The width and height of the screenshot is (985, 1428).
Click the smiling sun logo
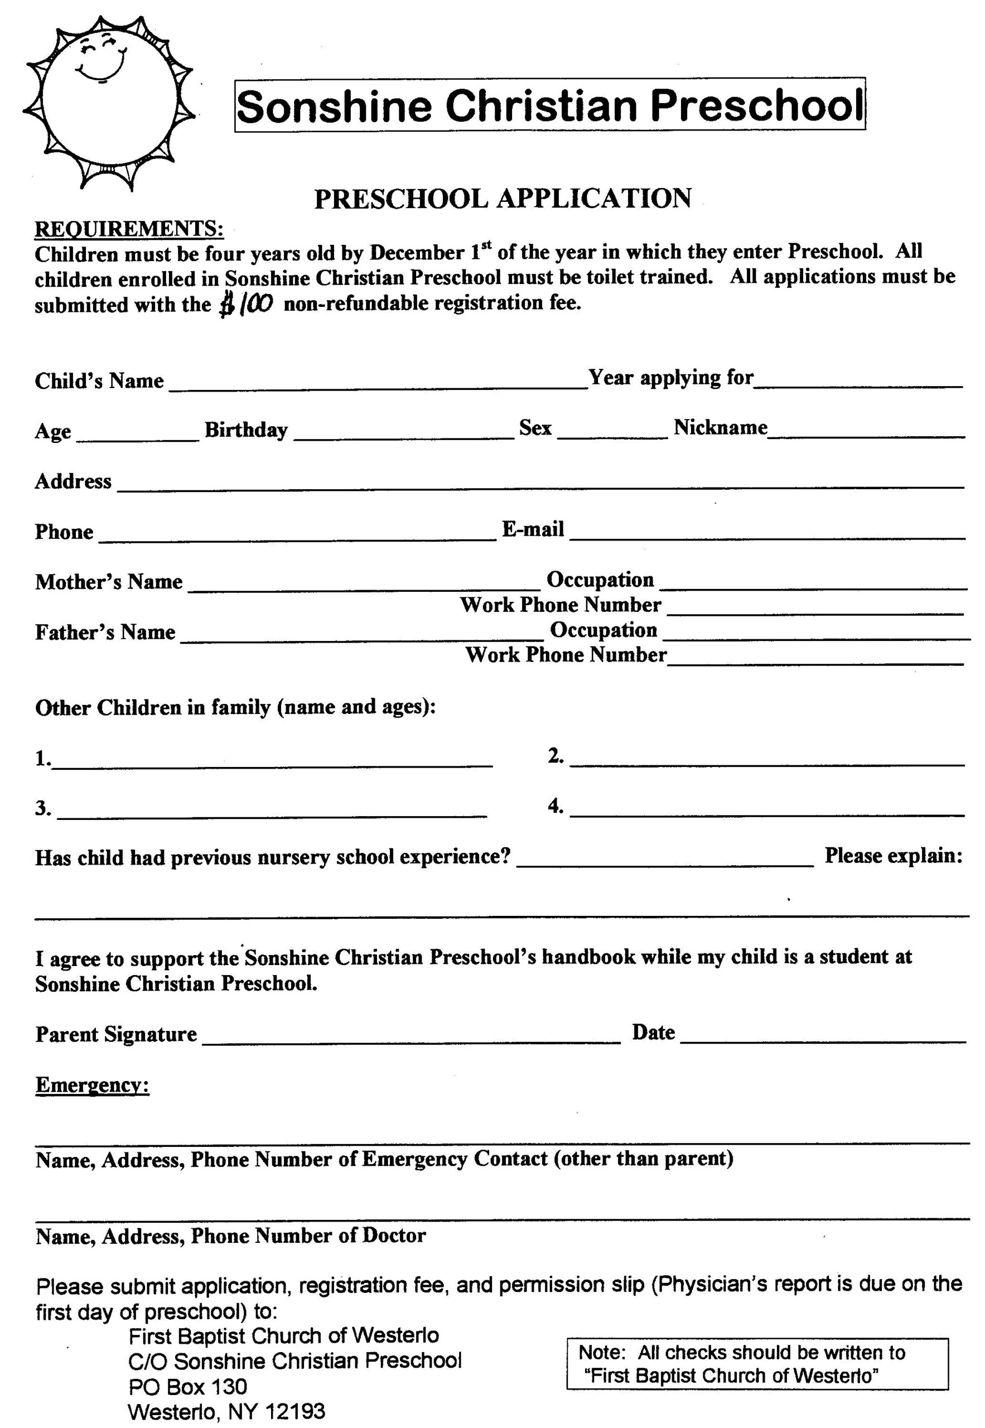[x=109, y=102]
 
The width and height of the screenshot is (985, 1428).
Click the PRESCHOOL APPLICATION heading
[x=503, y=199]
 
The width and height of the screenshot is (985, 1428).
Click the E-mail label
[x=533, y=529]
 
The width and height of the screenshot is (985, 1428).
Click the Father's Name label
[x=105, y=632]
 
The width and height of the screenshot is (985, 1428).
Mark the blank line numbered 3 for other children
[x=272, y=811]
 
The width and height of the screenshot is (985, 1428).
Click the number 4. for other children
[x=555, y=805]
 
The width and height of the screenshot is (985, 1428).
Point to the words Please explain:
[x=893, y=855]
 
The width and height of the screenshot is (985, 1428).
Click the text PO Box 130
[x=187, y=1387]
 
